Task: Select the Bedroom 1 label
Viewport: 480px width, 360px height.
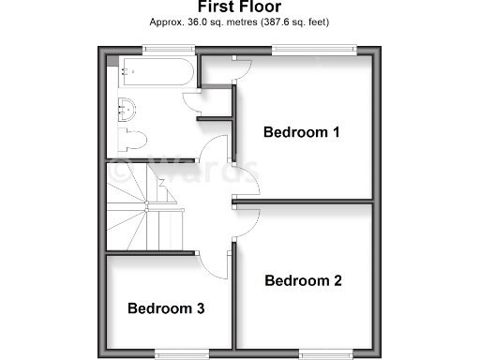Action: (301, 132)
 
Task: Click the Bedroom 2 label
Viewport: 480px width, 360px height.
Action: (303, 280)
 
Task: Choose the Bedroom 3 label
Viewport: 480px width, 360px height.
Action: (166, 307)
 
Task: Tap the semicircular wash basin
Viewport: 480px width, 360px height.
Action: (127, 109)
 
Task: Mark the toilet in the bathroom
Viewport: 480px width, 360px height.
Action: (131, 142)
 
